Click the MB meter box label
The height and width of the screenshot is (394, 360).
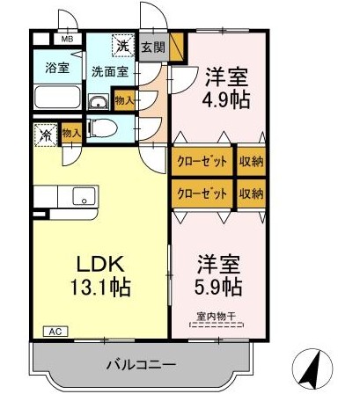(x=67, y=40)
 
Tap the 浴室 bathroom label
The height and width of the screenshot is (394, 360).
(x=57, y=68)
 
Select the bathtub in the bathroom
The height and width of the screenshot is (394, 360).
(x=57, y=97)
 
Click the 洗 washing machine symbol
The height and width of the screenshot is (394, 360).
(x=123, y=46)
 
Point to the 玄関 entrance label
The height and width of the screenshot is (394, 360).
(x=153, y=47)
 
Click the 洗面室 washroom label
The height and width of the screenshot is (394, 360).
(x=110, y=71)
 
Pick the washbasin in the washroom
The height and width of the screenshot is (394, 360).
(x=99, y=102)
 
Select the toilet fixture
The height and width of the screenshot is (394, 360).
(x=102, y=128)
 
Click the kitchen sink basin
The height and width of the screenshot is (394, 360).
(x=84, y=196)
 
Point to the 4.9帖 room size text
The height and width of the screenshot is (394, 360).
(x=226, y=99)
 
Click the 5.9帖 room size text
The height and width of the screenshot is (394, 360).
(x=218, y=287)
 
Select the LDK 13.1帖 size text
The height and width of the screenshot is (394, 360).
(x=100, y=275)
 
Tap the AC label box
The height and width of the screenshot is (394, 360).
(x=55, y=332)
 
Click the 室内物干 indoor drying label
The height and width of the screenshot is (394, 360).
(x=217, y=317)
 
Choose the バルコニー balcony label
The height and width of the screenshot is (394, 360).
(x=141, y=365)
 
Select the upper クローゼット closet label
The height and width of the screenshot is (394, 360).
(x=202, y=161)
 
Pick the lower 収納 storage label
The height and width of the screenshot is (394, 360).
(x=252, y=193)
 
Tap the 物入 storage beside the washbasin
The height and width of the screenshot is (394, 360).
(x=125, y=101)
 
